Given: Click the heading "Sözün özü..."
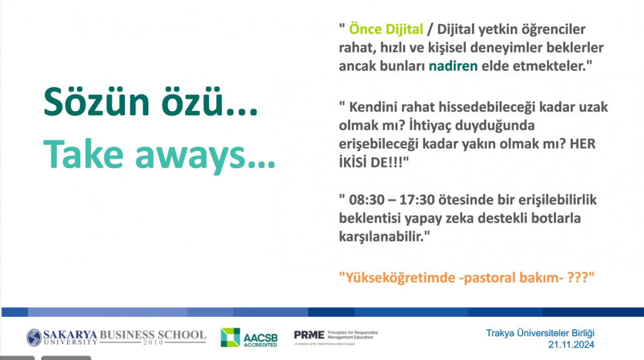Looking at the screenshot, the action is tap(151, 102).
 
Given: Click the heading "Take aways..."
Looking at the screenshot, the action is tap(159, 154).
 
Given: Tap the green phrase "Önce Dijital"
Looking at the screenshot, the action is tap(386, 29).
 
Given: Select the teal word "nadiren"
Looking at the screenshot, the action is tap(453, 66).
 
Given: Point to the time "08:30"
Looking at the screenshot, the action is tap(367, 200).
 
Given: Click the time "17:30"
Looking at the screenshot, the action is tap(417, 200).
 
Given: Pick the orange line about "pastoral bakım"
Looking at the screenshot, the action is tap(466, 277).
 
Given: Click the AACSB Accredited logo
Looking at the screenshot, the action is tap(249, 337).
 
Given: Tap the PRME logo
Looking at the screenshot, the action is tap(336, 337).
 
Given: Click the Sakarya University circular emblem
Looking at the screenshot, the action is tap(34, 337).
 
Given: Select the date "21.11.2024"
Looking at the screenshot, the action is tap(571, 345).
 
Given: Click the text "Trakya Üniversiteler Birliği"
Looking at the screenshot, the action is tap(540, 333).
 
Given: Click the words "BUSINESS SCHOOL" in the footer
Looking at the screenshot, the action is tap(153, 335).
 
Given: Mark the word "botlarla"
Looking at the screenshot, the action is tap(556, 218).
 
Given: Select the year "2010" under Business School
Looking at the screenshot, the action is tap(153, 342).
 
